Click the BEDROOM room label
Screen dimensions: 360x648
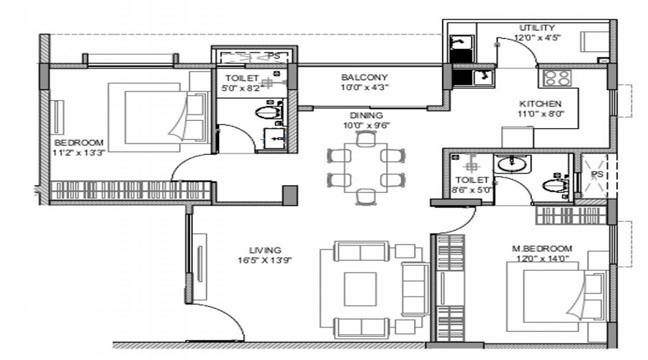tap(78, 142)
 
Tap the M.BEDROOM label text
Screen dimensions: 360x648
tap(541, 248)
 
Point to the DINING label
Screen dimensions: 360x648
tap(366, 114)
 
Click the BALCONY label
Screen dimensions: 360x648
tap(364, 77)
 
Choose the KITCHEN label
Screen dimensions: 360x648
tap(540, 103)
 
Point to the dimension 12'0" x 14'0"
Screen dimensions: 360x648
tap(541, 258)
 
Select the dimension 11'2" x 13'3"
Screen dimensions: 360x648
tap(78, 152)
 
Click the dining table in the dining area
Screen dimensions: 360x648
tap(366, 166)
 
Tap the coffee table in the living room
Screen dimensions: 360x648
tap(359, 288)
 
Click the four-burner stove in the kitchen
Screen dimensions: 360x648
tap(557, 77)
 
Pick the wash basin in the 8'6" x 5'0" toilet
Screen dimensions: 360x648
tap(512, 163)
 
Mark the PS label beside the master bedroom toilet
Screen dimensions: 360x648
tap(596, 174)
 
